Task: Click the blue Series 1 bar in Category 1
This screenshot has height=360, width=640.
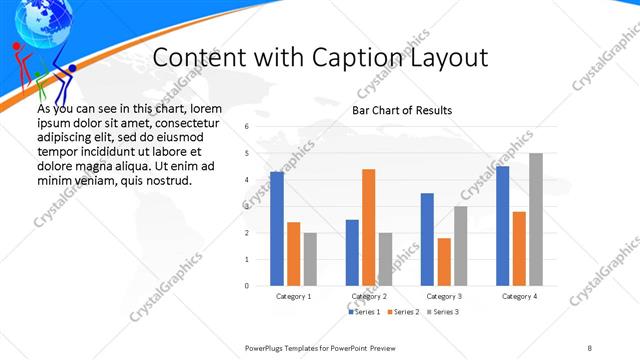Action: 276,229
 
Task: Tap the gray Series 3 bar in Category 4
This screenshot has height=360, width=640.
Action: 536,219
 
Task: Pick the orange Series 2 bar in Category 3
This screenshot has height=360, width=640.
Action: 444,262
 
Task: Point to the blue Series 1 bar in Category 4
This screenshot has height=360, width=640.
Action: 502,226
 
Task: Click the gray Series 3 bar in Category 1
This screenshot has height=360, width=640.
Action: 310,259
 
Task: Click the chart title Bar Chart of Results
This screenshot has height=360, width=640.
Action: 402,110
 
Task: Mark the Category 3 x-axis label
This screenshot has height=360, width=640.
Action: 443,297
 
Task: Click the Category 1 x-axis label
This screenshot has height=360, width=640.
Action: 293,297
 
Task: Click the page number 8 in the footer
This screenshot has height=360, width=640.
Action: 590,347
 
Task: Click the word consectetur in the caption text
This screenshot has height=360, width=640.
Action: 189,122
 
